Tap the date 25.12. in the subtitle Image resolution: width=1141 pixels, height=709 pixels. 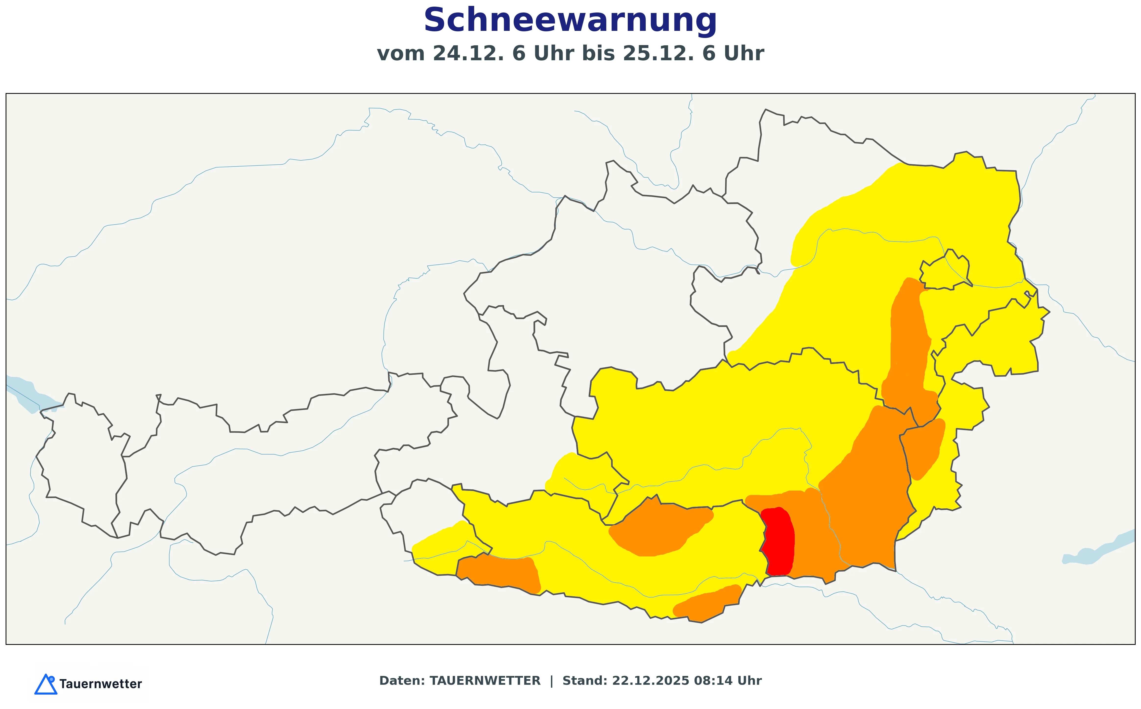658,53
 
